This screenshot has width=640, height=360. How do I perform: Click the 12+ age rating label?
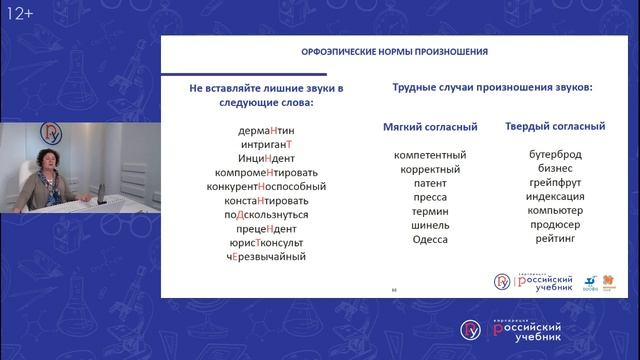point(21,13)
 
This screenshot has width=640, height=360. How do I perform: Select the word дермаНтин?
point(266,130)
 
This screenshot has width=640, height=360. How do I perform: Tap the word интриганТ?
point(266,144)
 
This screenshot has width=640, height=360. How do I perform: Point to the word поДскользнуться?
point(266,214)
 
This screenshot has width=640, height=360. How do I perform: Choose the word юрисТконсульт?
point(266,242)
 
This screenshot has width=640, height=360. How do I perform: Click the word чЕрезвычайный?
point(266,256)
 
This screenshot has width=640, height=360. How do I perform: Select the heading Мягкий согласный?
point(430,127)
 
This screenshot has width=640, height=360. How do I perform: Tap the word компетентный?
point(430,155)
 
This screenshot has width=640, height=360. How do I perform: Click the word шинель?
point(430,225)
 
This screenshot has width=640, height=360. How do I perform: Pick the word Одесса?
point(430,239)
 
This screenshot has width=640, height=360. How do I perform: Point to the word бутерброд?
point(554,155)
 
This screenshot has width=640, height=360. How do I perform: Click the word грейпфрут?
point(554,183)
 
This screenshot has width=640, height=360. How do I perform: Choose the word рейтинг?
point(554,239)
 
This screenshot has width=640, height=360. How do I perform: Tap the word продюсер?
point(554,225)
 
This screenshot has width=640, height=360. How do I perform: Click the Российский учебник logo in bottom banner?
point(510,330)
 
